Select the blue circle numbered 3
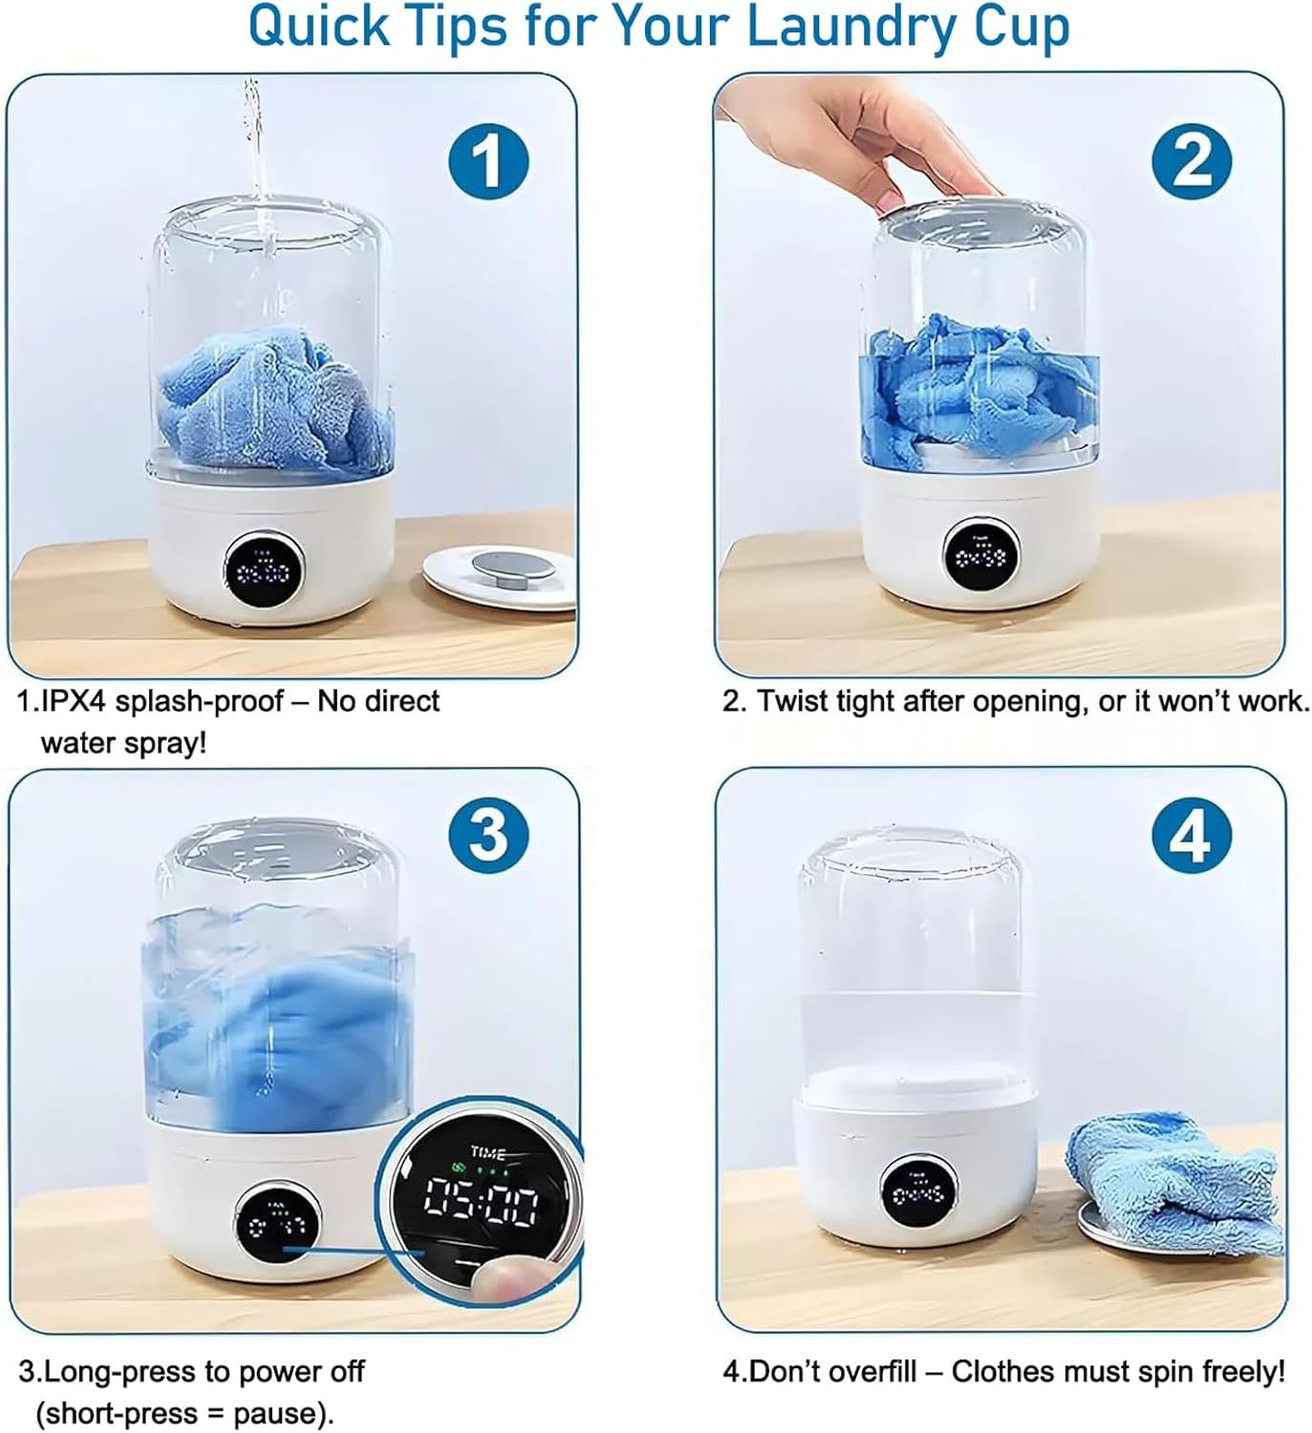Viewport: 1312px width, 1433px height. (x=488, y=835)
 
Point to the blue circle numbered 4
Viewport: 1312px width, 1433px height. (x=1191, y=838)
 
